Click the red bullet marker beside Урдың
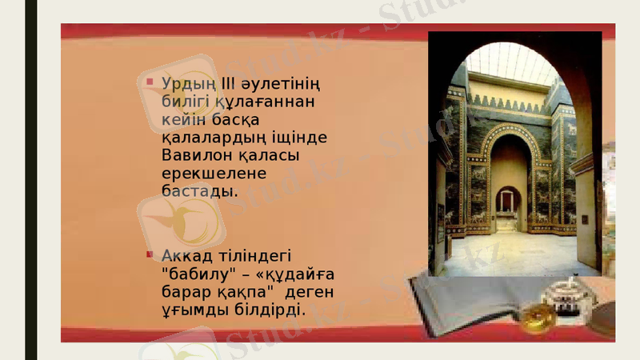[150, 81]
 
